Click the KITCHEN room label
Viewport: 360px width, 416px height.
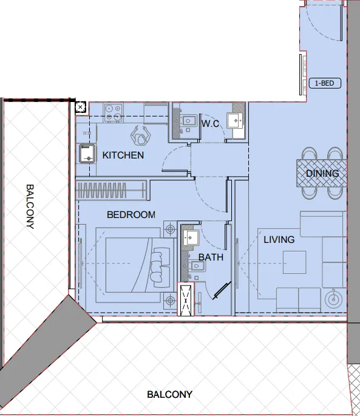tap(123, 155)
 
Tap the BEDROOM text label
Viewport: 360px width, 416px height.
tap(131, 214)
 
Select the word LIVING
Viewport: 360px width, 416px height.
tap(279, 239)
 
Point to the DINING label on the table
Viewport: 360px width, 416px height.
tap(322, 173)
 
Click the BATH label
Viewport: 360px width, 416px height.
tap(211, 257)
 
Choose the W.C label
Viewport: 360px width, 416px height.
tap(210, 124)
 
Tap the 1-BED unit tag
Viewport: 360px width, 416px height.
tap(325, 83)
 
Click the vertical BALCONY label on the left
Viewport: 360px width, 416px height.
tap(30, 206)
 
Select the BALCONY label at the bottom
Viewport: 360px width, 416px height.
tap(169, 394)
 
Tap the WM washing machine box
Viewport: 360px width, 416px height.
tap(86, 132)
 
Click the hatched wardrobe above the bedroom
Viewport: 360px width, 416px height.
tap(111, 189)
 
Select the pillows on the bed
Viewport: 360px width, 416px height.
tap(160, 265)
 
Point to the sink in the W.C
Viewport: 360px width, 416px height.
tap(235, 120)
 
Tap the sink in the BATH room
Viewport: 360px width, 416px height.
tap(192, 237)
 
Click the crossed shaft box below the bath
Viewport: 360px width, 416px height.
tap(185, 299)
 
